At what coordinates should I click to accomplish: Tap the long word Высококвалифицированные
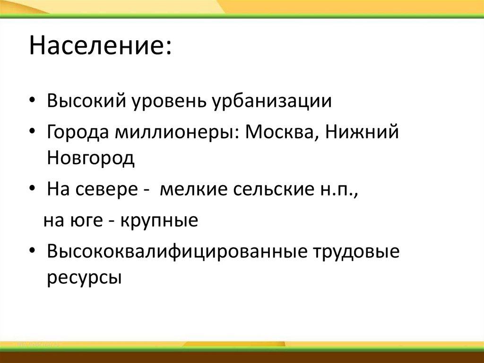point(174,252)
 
